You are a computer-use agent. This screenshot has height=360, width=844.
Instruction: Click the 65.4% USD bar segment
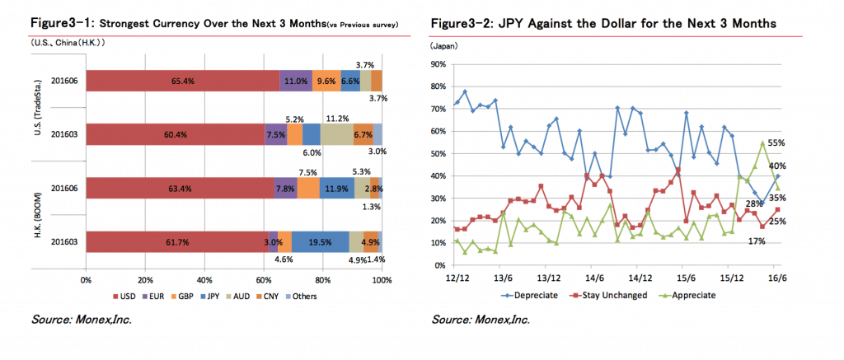click(182, 82)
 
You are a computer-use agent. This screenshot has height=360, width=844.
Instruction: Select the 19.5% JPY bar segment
click(320, 241)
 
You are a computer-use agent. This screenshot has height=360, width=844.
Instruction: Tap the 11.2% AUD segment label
click(337, 117)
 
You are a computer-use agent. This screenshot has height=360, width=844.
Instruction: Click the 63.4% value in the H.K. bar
click(179, 189)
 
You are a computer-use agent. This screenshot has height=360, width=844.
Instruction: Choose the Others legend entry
click(301, 296)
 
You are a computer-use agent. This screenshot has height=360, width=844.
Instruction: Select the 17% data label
click(757, 241)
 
